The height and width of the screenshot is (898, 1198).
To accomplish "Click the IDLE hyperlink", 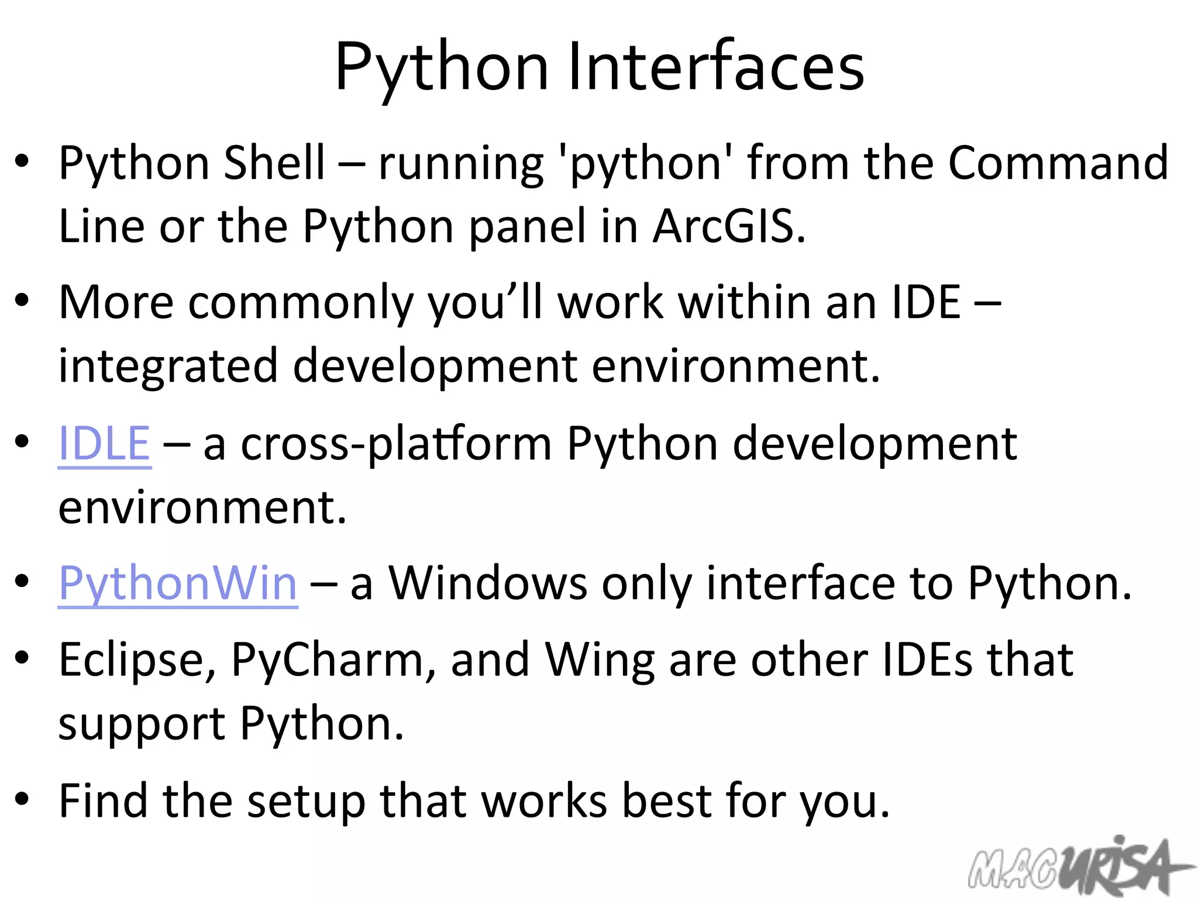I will [105, 443].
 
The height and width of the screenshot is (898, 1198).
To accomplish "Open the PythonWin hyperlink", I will [178, 583].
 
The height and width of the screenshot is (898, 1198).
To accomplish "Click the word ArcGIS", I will [729, 226].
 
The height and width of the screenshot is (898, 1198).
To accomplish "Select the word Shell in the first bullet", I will [274, 163].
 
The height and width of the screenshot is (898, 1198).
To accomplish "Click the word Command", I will [1058, 163].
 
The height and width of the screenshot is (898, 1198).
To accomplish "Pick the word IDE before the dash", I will [926, 303].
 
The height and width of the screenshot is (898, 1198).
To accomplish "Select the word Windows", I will [488, 583].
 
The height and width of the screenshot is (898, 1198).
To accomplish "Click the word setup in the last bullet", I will [306, 801].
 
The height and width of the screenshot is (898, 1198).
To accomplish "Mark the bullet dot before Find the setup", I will [22, 799].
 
